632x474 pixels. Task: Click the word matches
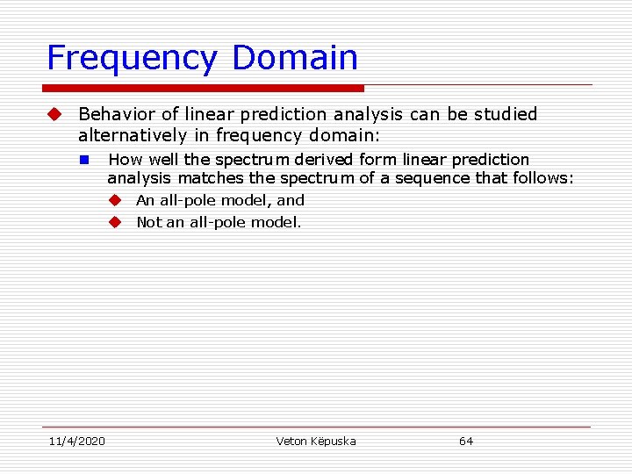(197, 178)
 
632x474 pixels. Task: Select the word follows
(544, 178)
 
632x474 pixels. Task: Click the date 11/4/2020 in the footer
(75, 441)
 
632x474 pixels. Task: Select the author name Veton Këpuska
(316, 441)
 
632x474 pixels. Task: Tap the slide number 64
(466, 441)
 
